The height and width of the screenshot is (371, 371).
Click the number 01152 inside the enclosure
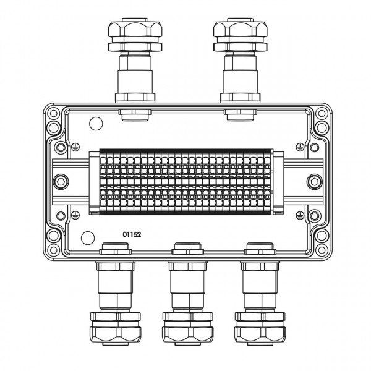pyautogui.click(x=132, y=234)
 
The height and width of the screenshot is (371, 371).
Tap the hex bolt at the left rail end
pyautogui.click(x=61, y=182)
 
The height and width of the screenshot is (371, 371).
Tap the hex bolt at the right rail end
pyautogui.click(x=315, y=182)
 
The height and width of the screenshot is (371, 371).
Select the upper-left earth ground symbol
pyautogui.click(x=75, y=147)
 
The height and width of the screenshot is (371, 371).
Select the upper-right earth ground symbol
pyautogui.click(x=300, y=147)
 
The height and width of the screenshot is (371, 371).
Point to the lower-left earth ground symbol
pyautogui.click(x=75, y=215)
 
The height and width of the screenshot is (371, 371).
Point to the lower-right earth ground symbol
pyautogui.click(x=300, y=215)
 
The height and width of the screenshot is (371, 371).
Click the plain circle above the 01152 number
pyautogui.click(x=88, y=238)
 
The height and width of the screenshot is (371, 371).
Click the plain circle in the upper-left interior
pyautogui.click(x=96, y=124)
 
